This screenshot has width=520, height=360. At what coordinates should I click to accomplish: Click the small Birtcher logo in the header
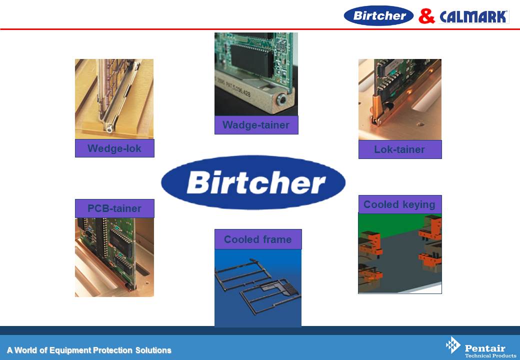pyautogui.click(x=378, y=15)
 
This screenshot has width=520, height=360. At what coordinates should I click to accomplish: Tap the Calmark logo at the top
pyautogui.click(x=474, y=17)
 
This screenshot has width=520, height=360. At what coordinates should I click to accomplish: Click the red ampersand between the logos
pyautogui.click(x=426, y=16)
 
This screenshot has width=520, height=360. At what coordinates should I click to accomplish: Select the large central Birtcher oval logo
pyautogui.click(x=253, y=182)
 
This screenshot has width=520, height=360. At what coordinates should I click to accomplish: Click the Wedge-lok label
pyautogui.click(x=114, y=148)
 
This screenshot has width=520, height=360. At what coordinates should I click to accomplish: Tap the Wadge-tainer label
pyautogui.click(x=256, y=125)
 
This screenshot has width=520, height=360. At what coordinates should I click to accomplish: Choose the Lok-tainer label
pyautogui.click(x=399, y=149)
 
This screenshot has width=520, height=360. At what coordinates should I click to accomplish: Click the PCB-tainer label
pyautogui.click(x=114, y=208)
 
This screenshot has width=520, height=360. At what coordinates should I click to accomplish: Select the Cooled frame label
pyautogui.click(x=258, y=239)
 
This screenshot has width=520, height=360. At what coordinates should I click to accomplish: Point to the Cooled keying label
pyautogui.click(x=399, y=204)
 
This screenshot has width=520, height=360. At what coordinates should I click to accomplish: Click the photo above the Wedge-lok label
pyautogui.click(x=114, y=99)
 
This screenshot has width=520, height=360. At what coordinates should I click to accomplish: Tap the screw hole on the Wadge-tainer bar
pyautogui.click(x=281, y=99)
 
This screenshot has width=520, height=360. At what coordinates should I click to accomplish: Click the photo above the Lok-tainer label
pyautogui.click(x=400, y=99)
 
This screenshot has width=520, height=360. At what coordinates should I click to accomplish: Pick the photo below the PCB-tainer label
pyautogui.click(x=114, y=257)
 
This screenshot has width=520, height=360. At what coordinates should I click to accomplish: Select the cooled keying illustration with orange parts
pyautogui.click(x=400, y=253)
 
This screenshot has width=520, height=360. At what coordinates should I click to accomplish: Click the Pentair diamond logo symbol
pyautogui.click(x=452, y=345)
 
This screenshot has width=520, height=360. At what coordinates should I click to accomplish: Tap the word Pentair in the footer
pyautogui.click(x=485, y=348)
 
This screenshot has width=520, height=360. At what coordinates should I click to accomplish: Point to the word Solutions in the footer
pyautogui.click(x=153, y=350)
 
